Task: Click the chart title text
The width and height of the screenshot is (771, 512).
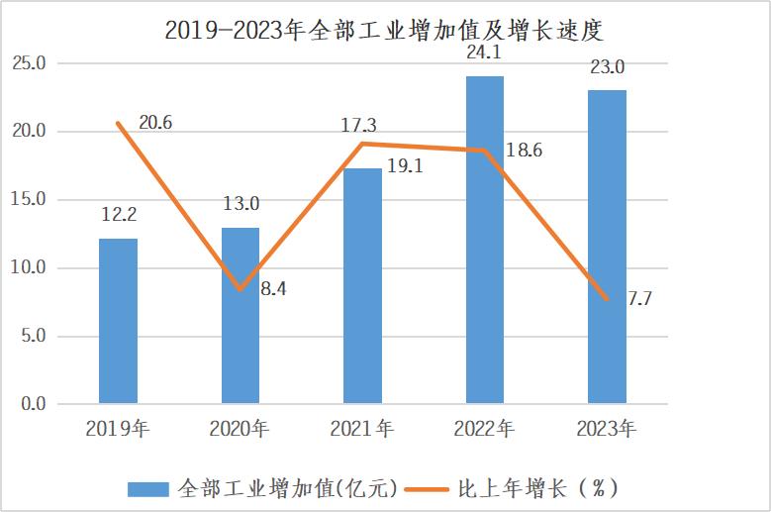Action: coord(384,29)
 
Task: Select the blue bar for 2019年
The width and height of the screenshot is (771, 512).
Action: coord(118,321)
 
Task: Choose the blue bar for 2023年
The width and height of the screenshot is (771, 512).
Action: coord(607,247)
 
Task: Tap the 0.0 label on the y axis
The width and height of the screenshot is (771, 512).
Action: coord(32,404)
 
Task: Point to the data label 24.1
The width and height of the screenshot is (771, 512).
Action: coord(485,49)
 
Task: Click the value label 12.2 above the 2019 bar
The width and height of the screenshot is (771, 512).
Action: coord(118,214)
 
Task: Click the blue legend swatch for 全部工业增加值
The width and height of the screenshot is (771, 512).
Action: coord(147,488)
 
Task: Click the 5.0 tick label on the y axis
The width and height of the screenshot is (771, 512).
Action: coord(32,337)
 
